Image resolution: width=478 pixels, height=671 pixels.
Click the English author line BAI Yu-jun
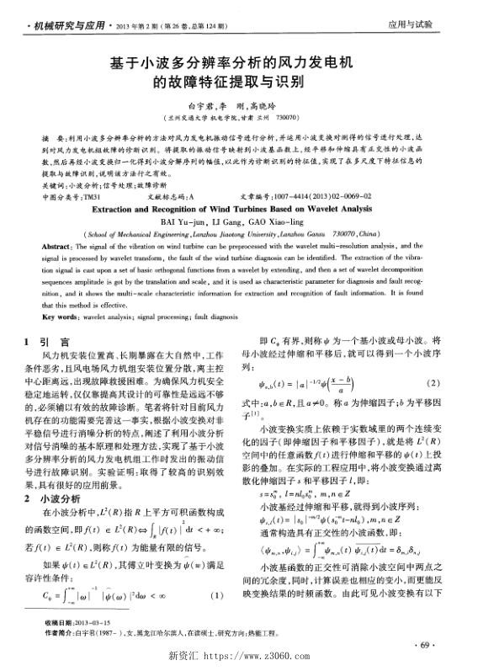pyautogui.click(x=238, y=219)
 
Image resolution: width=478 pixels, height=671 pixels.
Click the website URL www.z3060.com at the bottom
pyautogui.click(x=252, y=658)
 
